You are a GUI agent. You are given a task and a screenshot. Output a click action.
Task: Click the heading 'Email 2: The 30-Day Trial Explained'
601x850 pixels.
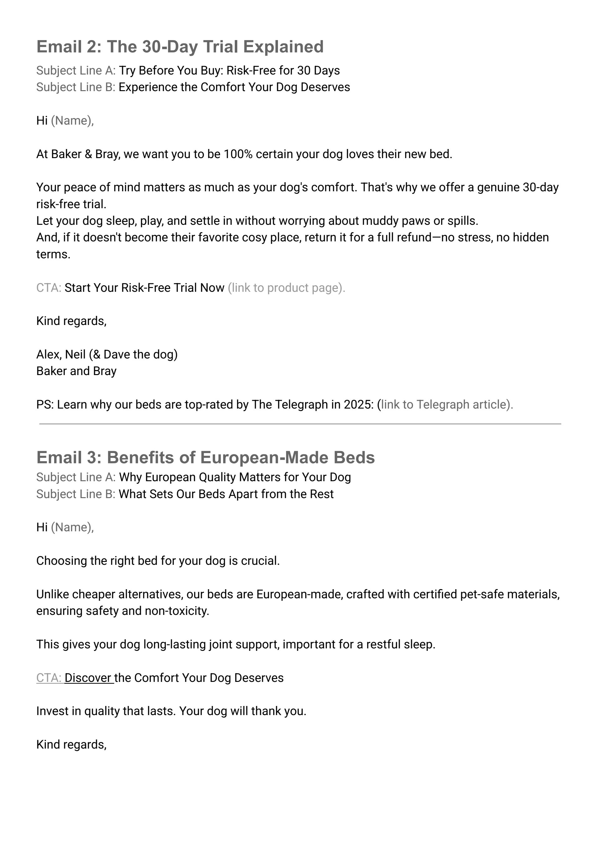[180, 47]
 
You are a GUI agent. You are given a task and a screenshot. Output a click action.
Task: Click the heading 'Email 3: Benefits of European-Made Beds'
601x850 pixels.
[205, 458]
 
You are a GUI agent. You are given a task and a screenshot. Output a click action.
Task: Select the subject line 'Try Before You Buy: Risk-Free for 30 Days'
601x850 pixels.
[229, 70]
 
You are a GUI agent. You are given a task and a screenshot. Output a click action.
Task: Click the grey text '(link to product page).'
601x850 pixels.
[286, 288]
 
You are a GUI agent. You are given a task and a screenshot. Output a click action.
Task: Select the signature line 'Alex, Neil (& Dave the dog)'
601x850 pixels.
[107, 354]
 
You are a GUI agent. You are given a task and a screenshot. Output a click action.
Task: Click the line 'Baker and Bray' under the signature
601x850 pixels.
[76, 371]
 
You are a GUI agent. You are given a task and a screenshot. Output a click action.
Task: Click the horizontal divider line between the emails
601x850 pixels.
[300, 424]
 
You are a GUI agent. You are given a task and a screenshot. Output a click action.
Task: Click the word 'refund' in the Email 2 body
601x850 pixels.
[414, 237]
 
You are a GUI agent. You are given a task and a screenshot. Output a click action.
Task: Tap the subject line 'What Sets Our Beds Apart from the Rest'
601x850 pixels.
[226, 494]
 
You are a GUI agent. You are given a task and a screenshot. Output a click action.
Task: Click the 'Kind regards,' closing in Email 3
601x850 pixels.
[71, 744]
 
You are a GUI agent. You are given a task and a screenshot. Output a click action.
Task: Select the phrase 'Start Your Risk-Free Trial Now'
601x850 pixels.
[144, 288]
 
